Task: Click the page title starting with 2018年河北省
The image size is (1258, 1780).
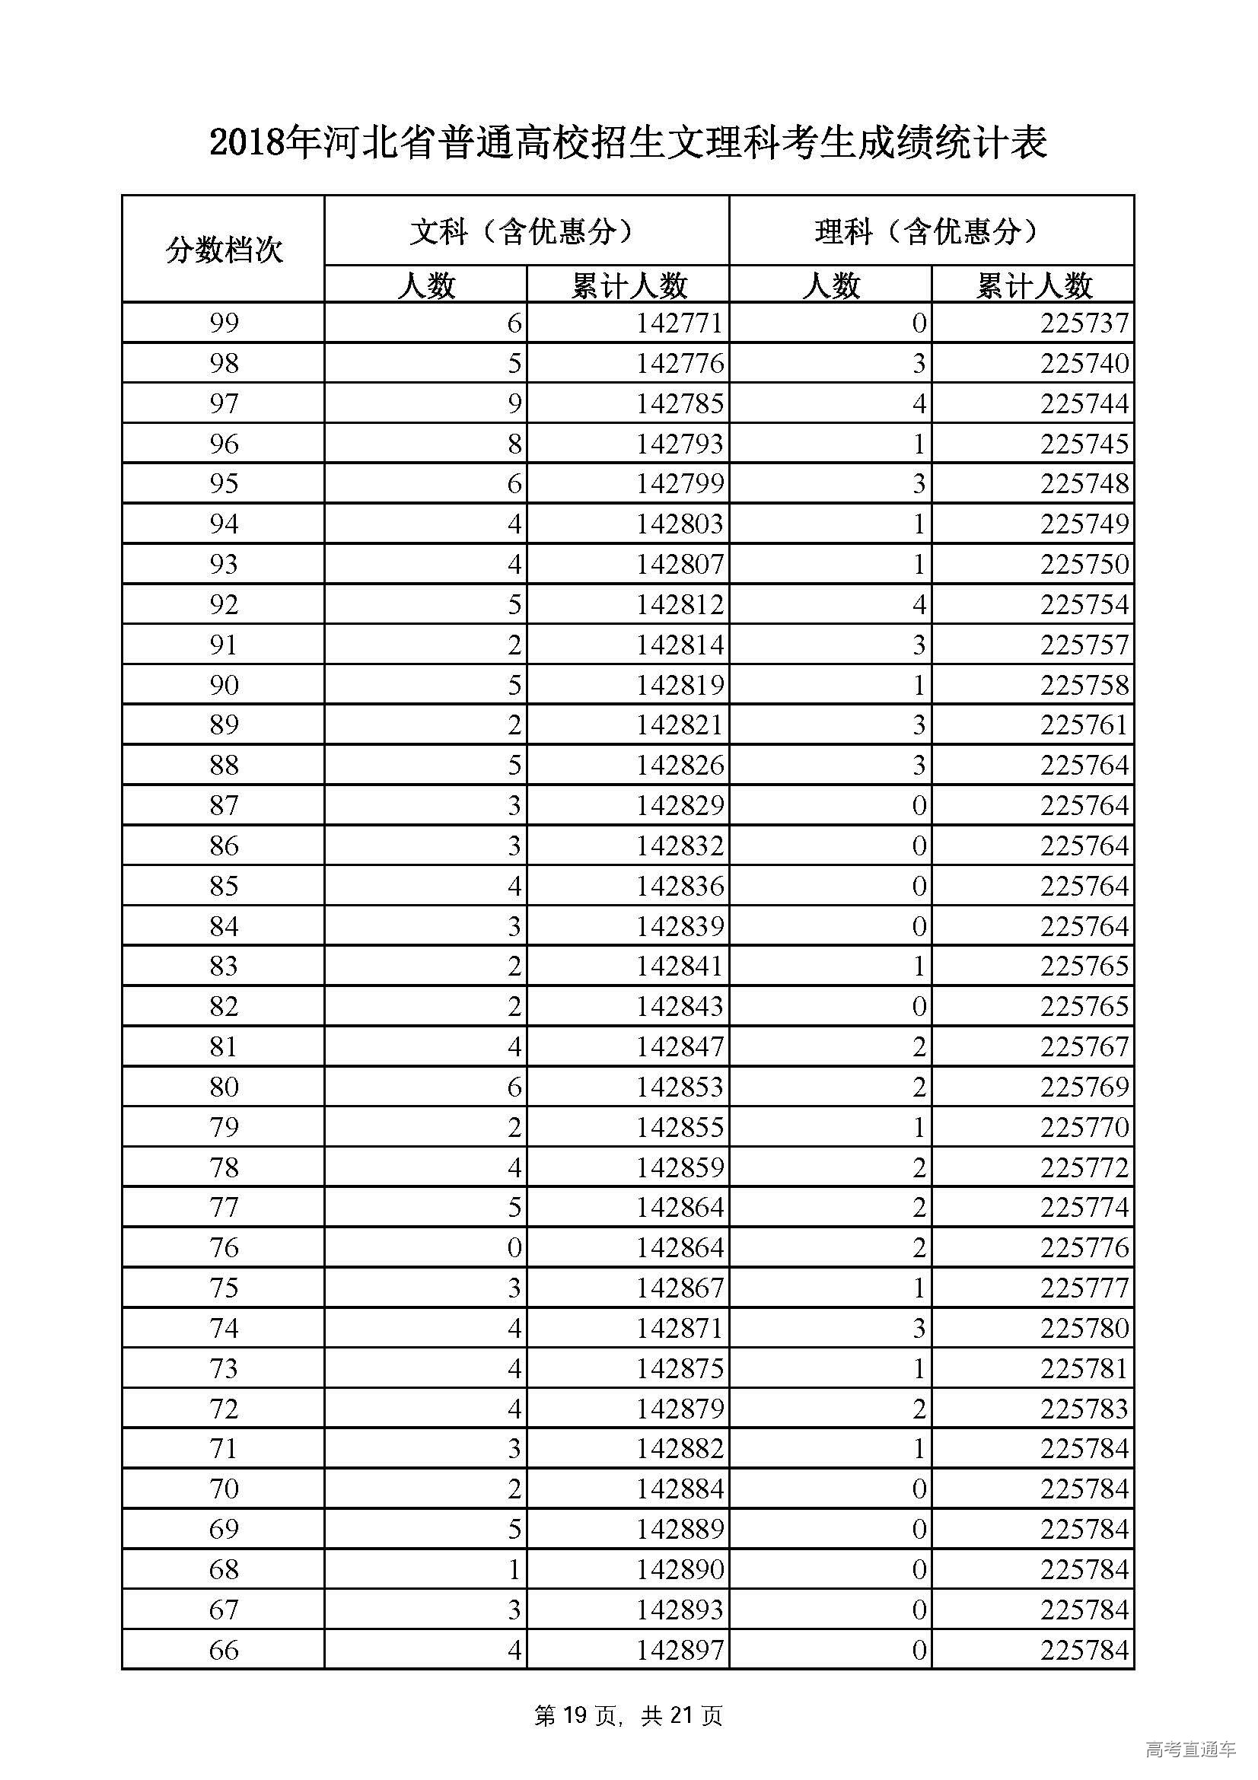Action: (x=628, y=143)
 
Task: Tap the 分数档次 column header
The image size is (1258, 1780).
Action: (x=223, y=250)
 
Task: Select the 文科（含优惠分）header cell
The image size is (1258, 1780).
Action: (x=527, y=231)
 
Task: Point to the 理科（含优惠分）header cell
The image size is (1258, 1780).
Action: (x=931, y=231)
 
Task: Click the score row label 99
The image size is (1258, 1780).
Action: (x=223, y=323)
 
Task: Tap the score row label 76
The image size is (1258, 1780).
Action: (x=223, y=1247)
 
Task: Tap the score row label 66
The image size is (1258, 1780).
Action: (x=223, y=1650)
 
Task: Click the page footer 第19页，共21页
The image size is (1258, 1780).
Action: (x=628, y=1715)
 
